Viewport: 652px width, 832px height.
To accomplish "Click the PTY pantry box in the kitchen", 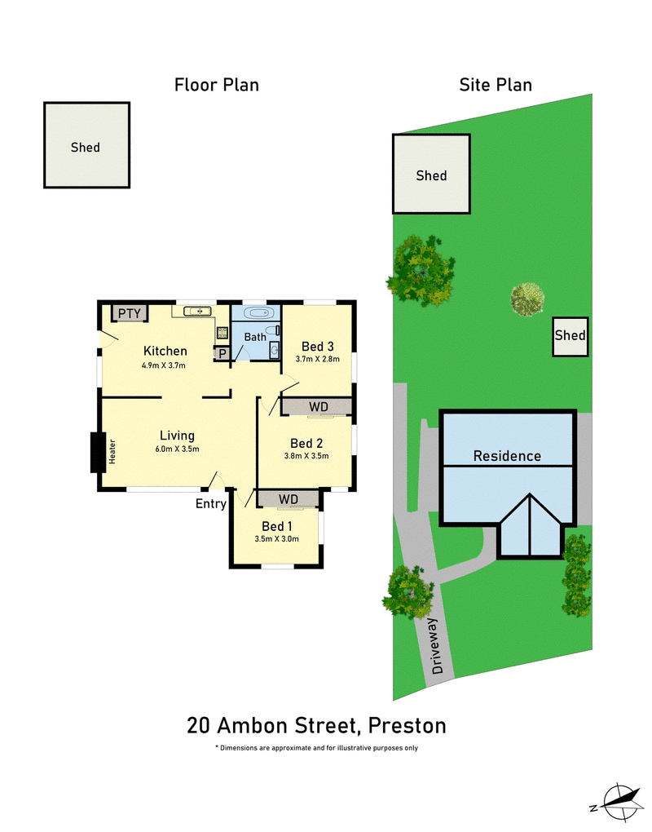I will (129, 313).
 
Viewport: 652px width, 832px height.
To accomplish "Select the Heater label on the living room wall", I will (112, 453).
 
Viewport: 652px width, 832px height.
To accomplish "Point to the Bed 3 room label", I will (317, 345).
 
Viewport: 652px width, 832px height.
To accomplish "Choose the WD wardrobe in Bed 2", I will (318, 406).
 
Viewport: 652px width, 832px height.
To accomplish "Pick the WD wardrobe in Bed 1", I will (287, 498).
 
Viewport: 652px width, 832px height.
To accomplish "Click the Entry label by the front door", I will (210, 503).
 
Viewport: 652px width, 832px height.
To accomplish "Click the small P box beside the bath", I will (221, 353).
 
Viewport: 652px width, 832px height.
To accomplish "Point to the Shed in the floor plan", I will (86, 146).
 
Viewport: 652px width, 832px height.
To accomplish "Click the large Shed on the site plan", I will (431, 175).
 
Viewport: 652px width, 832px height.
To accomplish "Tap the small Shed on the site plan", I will (570, 335).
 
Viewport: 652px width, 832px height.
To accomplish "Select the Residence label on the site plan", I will (507, 456).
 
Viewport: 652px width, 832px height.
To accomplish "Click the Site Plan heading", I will (495, 84).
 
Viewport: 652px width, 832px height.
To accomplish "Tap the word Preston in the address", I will (407, 725).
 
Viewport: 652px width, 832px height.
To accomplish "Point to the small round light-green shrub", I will (527, 299).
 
